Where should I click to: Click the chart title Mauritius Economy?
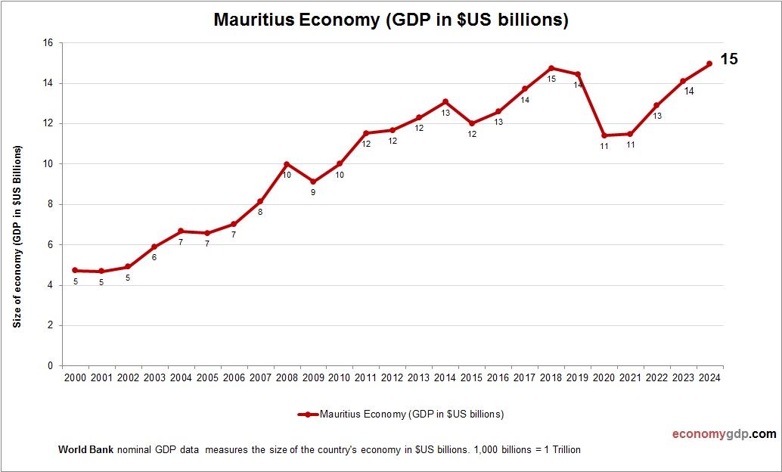pos(390,20)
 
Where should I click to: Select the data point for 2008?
pos(287,164)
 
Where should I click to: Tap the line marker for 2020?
pos(604,135)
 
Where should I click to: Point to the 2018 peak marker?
pos(551,68)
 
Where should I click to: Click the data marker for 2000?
pos(75,270)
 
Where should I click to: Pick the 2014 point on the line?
pos(445,101)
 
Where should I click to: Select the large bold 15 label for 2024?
pos(728,59)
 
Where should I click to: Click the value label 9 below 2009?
pos(312,192)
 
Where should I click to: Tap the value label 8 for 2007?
pos(260,212)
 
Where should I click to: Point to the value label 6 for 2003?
pos(154,257)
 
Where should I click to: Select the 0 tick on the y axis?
pos(50,366)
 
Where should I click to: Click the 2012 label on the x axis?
pos(393,377)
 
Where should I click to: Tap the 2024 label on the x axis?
pos(710,377)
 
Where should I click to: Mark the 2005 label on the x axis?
pos(207,377)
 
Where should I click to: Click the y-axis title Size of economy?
pos(17,236)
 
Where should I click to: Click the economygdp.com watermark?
pos(725,434)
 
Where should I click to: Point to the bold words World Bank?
pos(85,450)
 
